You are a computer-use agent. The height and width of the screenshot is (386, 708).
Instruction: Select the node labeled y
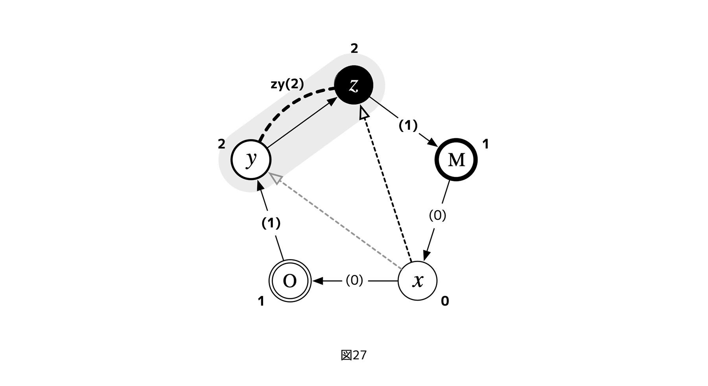point(251,160)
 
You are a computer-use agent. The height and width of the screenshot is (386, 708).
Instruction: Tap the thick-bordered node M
point(456,160)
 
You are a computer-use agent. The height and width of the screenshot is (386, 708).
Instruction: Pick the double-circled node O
point(290,281)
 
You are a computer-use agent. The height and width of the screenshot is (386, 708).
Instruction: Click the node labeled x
point(417,281)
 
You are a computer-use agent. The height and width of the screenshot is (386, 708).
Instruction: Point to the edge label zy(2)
point(287,84)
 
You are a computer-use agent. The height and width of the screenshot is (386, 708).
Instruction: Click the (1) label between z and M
point(408,125)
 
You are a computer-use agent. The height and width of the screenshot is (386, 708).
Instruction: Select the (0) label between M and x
point(437,215)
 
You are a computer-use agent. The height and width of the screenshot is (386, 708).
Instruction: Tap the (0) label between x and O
point(354,280)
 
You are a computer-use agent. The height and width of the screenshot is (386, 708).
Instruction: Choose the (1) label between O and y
point(271,223)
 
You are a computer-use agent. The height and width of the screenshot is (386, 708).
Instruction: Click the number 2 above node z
point(354,48)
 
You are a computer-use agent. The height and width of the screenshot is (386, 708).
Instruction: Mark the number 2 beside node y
point(221,144)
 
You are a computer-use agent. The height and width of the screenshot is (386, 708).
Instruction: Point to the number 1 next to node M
point(485,144)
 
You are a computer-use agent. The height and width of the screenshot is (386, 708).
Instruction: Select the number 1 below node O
point(261,301)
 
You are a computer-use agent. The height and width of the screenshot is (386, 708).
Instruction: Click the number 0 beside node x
point(445,301)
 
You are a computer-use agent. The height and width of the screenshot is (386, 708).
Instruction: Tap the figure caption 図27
point(353,355)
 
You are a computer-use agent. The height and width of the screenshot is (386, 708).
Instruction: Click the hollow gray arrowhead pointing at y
point(275,178)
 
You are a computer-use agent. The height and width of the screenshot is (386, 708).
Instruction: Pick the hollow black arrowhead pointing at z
point(364,114)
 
